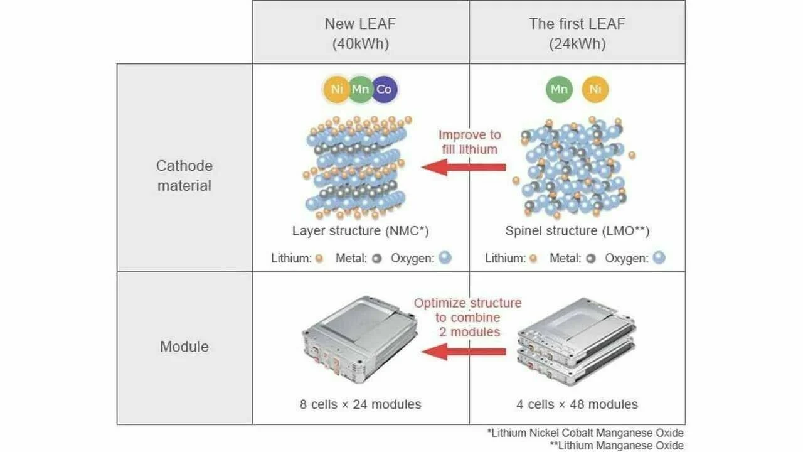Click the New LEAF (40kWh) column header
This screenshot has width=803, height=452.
coord(361,33)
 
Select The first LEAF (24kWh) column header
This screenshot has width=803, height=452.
coord(577,33)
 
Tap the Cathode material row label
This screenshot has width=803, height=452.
coord(184,176)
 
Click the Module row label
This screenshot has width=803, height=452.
coord(184,347)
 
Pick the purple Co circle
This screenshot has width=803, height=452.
coord(384,89)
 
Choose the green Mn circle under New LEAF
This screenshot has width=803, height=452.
coord(360,89)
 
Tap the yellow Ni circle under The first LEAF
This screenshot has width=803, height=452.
coord(595,89)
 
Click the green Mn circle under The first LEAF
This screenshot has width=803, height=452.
coord(558,89)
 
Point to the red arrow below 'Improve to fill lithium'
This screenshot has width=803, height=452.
coord(464,167)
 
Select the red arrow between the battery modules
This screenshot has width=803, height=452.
coord(464,352)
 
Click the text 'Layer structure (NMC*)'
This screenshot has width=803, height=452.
coord(361,230)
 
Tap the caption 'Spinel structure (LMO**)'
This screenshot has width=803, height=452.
coord(577,230)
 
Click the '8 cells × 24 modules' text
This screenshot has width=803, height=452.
coord(361,404)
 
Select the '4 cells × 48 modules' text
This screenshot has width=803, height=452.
coord(577,404)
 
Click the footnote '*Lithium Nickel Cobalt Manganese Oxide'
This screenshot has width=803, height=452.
coord(585,433)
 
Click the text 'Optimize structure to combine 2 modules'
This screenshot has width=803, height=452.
coord(468,317)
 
